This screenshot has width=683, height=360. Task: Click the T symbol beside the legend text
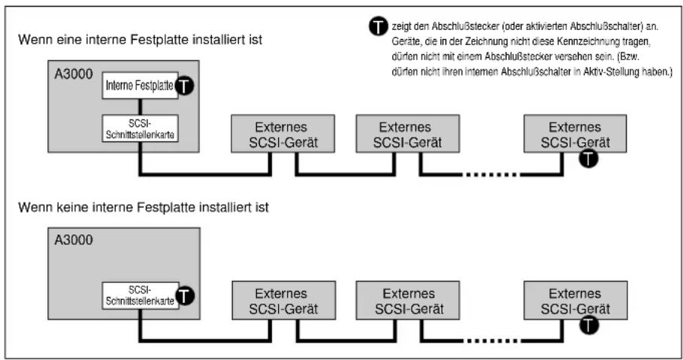[378, 26]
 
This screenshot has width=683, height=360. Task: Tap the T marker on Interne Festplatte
[184, 86]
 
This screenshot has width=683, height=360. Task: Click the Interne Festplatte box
[141, 86]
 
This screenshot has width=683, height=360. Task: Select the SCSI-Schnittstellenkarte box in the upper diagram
[141, 129]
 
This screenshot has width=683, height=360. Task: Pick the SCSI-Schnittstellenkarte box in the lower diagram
[141, 295]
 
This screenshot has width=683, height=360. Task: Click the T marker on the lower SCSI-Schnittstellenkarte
[185, 296]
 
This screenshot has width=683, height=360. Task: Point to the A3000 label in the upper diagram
[74, 74]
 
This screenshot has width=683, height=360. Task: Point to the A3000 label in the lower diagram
[74, 241]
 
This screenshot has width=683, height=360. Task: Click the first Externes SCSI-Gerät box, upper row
[283, 134]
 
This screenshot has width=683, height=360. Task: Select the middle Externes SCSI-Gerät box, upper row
[408, 134]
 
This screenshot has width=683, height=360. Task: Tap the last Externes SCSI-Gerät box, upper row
[575, 134]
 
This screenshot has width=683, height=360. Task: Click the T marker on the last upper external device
[588, 159]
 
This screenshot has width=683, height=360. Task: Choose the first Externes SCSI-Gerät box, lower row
[283, 301]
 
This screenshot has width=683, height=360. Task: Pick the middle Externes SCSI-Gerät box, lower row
[408, 301]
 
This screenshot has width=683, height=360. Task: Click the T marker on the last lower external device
[589, 325]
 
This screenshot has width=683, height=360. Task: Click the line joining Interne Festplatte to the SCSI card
[141, 107]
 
